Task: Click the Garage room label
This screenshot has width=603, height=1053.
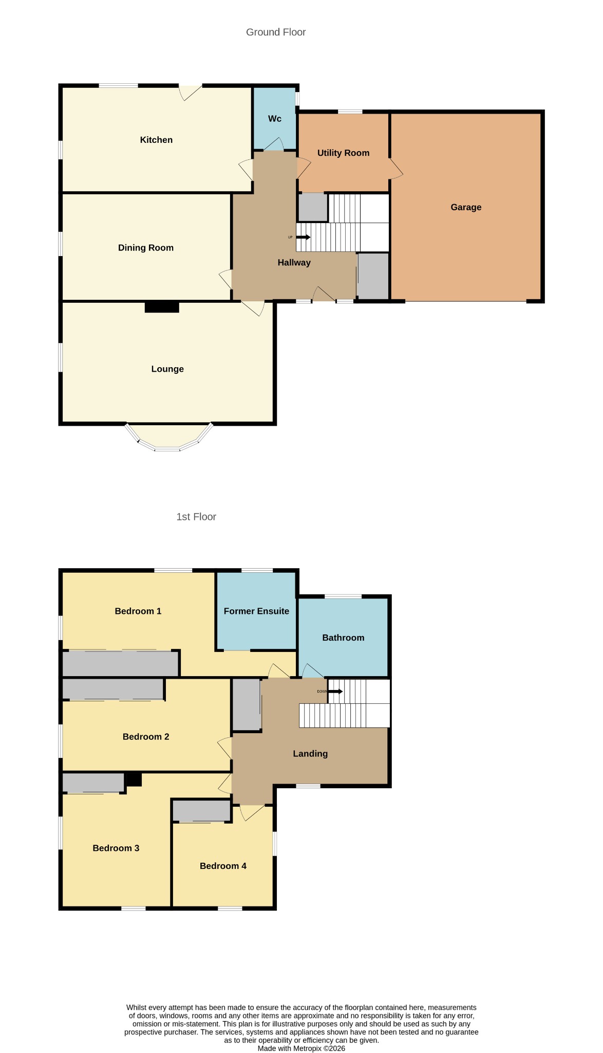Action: click(x=466, y=207)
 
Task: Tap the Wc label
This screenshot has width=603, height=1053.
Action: click(x=275, y=119)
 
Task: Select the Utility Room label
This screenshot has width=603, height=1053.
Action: click(x=343, y=153)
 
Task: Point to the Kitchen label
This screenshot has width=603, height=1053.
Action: click(x=156, y=140)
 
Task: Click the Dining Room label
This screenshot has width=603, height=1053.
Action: click(x=146, y=248)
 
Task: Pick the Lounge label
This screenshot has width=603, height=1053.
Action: click(x=167, y=369)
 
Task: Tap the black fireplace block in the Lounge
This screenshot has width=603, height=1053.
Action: click(x=162, y=307)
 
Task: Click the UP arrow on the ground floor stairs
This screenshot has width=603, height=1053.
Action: click(x=303, y=237)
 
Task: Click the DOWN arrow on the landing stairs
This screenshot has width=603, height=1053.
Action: click(x=335, y=691)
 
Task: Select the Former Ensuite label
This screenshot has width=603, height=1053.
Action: click(x=256, y=611)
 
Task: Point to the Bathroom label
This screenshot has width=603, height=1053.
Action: click(x=343, y=638)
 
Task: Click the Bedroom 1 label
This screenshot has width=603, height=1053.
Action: click(x=138, y=611)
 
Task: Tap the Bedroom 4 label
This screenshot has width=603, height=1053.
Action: click(x=223, y=866)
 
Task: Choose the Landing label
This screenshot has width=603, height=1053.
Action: click(x=310, y=754)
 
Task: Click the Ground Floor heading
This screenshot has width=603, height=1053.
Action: click(x=276, y=32)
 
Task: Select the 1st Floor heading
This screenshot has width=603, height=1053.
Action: click(x=196, y=517)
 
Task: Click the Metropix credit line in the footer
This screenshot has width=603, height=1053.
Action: click(x=301, y=1048)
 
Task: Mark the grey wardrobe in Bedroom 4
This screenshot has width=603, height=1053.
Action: click(x=201, y=811)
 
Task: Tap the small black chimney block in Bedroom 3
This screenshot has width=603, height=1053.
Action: click(x=134, y=779)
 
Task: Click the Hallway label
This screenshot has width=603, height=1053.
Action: click(x=294, y=263)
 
